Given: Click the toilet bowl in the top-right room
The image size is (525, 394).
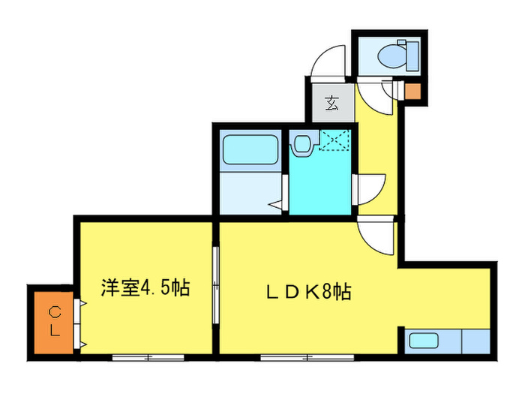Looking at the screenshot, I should (x=391, y=53).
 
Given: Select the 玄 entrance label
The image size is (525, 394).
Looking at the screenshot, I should (x=331, y=104).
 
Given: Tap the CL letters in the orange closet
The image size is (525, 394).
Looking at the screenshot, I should (x=55, y=320).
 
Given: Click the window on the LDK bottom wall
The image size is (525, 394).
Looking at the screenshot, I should (x=295, y=356).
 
